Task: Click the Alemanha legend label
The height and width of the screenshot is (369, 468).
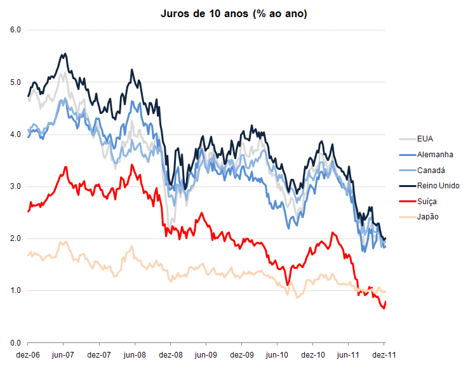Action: [435, 155]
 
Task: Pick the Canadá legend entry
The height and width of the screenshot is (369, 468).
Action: [422, 170]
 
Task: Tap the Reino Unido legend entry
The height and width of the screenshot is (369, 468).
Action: [429, 186]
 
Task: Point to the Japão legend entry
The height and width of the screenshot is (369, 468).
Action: [418, 217]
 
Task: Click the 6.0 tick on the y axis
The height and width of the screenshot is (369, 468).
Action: [15, 30]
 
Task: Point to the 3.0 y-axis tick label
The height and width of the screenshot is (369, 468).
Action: [15, 186]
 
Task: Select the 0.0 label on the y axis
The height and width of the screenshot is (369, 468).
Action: [15, 343]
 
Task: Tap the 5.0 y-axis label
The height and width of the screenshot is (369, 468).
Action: [15, 82]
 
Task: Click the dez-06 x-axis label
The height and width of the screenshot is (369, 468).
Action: [28, 355]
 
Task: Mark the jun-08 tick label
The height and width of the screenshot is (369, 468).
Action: [135, 355]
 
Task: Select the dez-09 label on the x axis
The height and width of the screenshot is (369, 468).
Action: [242, 355]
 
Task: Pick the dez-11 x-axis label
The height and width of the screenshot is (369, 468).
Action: [384, 355]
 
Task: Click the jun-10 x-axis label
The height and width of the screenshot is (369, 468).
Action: [277, 355]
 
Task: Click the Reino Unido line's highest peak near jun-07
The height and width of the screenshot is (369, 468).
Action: [65, 54]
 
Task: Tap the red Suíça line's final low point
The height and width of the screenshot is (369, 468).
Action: [384, 308]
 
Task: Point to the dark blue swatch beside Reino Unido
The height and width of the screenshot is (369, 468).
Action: [408, 186]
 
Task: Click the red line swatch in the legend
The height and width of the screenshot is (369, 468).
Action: [408, 202]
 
